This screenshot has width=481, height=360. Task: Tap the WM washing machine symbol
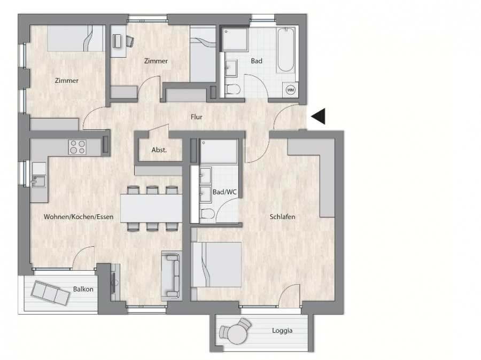pyautogui.click(x=290, y=90)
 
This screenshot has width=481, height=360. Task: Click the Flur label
pyautogui.click(x=196, y=117)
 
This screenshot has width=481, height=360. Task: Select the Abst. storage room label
pyautogui.click(x=159, y=150)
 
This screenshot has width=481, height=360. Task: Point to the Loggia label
pyautogui.click(x=282, y=331)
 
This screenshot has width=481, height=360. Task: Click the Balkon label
pyautogui.click(x=83, y=289)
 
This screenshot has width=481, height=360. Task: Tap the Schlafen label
pyautogui.click(x=282, y=217)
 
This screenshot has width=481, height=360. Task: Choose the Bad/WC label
pyautogui.click(x=224, y=192)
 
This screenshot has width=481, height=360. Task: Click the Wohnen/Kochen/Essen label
pyautogui.click(x=79, y=217)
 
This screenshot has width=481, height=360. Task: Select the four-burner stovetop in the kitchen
pyautogui.click(x=77, y=147)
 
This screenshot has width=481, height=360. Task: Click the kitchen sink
pyautogui.click(x=38, y=181)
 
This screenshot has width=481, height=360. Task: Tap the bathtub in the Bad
pyautogui.click(x=286, y=50)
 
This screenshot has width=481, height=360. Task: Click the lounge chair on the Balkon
pyautogui.click(x=50, y=293)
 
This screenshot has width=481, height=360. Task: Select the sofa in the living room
pyautogui.click(x=170, y=276)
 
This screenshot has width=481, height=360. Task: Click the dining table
pyautogui.click(x=151, y=208)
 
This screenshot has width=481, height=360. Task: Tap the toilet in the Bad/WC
pyautogui.click(x=207, y=214)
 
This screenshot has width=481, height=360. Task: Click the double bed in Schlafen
pyautogui.click(x=216, y=264)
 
